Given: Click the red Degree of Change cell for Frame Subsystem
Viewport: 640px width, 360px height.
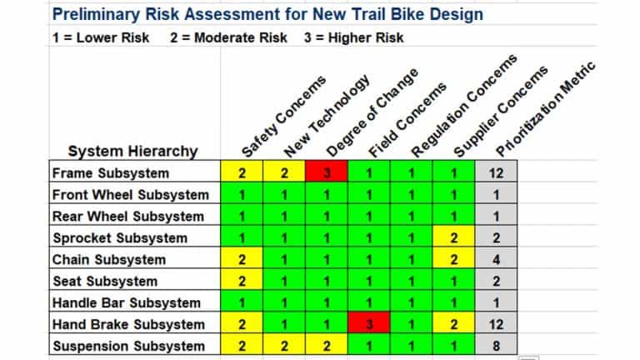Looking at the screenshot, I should click(327, 173).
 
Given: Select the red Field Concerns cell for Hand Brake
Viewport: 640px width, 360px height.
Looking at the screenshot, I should click(369, 325).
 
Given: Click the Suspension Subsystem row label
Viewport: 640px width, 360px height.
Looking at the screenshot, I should click(127, 346).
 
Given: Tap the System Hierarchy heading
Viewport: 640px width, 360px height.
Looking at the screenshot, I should click(132, 151).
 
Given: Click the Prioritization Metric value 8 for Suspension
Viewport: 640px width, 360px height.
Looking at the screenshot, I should click(496, 346).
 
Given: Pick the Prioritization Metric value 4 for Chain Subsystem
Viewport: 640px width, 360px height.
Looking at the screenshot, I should click(496, 260).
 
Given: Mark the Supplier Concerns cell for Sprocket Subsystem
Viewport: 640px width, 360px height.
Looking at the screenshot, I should click(454, 238).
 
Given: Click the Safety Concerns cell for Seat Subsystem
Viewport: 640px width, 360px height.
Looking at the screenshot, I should click(242, 282).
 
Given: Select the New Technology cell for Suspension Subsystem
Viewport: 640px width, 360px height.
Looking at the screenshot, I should click(284, 346).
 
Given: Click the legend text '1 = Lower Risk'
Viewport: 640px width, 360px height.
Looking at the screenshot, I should click(100, 38).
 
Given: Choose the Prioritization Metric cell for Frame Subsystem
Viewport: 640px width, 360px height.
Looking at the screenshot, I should click(496, 173).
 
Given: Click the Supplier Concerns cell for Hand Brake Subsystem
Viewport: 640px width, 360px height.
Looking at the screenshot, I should click(454, 325).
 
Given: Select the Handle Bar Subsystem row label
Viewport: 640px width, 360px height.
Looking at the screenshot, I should click(126, 303).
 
